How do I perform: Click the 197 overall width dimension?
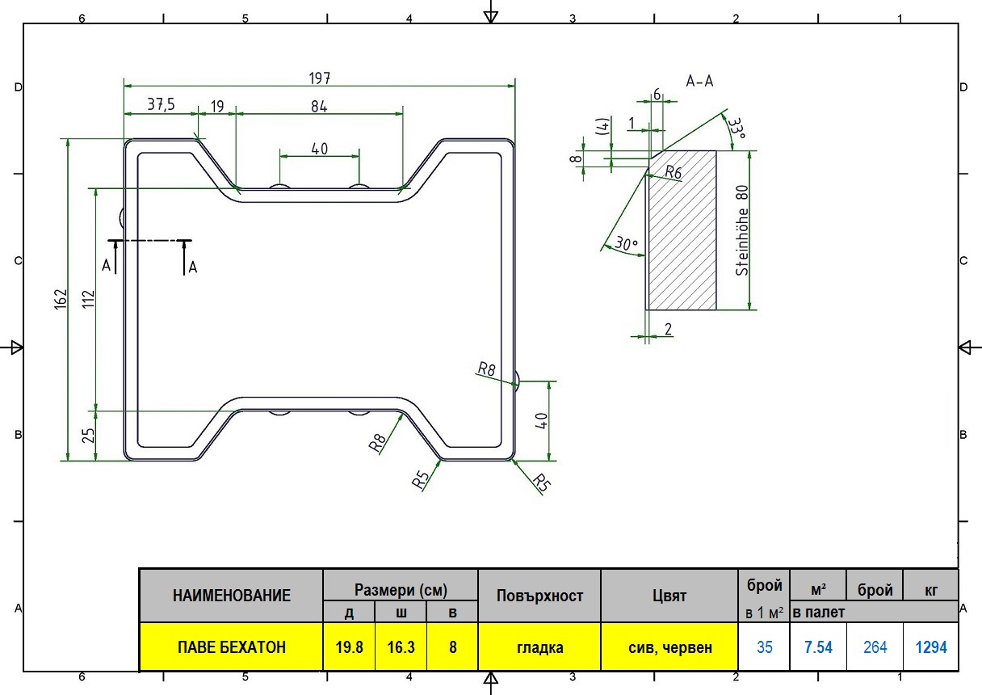(320, 78)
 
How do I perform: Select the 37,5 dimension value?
(161, 104)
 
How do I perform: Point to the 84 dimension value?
(319, 107)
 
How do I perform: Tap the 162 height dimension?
(61, 299)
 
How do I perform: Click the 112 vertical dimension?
(89, 299)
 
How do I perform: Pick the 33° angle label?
(737, 128)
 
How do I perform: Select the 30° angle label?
(627, 243)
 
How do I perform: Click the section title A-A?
(699, 81)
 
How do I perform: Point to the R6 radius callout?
(673, 172)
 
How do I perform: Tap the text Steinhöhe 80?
(742, 230)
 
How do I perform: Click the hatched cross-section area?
(682, 230)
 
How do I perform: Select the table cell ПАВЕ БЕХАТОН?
(232, 647)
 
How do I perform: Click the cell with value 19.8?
(349, 647)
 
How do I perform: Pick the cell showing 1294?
(931, 647)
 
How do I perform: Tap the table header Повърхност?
(539, 596)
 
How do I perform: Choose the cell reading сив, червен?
(669, 647)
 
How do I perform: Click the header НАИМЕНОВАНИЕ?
(232, 596)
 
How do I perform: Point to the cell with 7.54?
(818, 647)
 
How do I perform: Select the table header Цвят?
(669, 596)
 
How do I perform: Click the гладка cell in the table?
(539, 647)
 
